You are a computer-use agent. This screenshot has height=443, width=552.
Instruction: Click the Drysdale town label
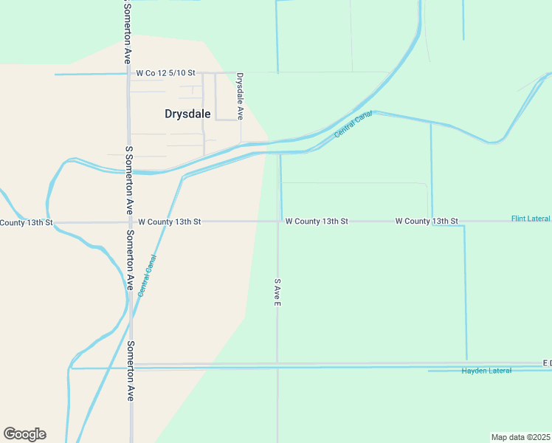coord(187,114)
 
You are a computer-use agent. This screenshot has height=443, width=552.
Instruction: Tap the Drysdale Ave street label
coord(239,95)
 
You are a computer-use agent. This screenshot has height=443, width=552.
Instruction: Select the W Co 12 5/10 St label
coord(165,73)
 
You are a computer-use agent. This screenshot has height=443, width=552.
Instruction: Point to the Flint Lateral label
coord(531,219)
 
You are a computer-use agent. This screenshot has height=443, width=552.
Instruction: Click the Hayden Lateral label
coord(486,371)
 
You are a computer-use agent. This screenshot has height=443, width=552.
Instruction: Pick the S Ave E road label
coord(277,292)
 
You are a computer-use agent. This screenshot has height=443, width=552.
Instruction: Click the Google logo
coord(24,434)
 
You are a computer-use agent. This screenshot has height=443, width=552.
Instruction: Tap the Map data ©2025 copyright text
coord(520,437)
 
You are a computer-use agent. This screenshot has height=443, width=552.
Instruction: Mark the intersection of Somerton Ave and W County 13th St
coord(130,221)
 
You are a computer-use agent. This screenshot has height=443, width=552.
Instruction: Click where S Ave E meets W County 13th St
coord(277,221)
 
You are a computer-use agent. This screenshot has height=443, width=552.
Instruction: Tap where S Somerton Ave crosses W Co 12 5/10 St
coord(129,74)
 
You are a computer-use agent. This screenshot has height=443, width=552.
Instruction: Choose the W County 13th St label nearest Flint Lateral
coord(427,221)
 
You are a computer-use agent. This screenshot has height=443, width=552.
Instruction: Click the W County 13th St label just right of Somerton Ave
coord(169,221)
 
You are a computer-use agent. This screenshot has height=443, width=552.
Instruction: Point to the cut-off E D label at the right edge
coord(546,364)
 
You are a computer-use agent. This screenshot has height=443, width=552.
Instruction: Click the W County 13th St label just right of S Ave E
coord(317,221)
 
